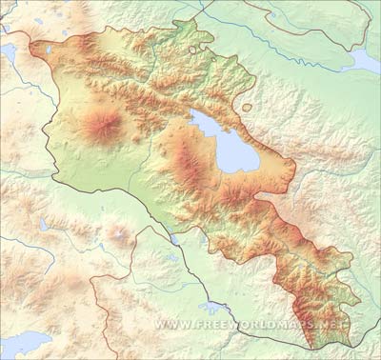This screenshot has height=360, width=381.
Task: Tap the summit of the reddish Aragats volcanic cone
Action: click(x=102, y=124)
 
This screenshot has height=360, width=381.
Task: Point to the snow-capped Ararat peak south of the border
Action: click(x=118, y=231)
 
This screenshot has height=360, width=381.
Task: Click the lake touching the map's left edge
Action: click(x=7, y=53)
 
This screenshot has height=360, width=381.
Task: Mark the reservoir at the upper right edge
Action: click(x=365, y=61)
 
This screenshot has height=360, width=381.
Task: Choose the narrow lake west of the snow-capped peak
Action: click(x=45, y=225)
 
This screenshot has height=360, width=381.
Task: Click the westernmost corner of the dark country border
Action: click(x=30, y=44)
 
